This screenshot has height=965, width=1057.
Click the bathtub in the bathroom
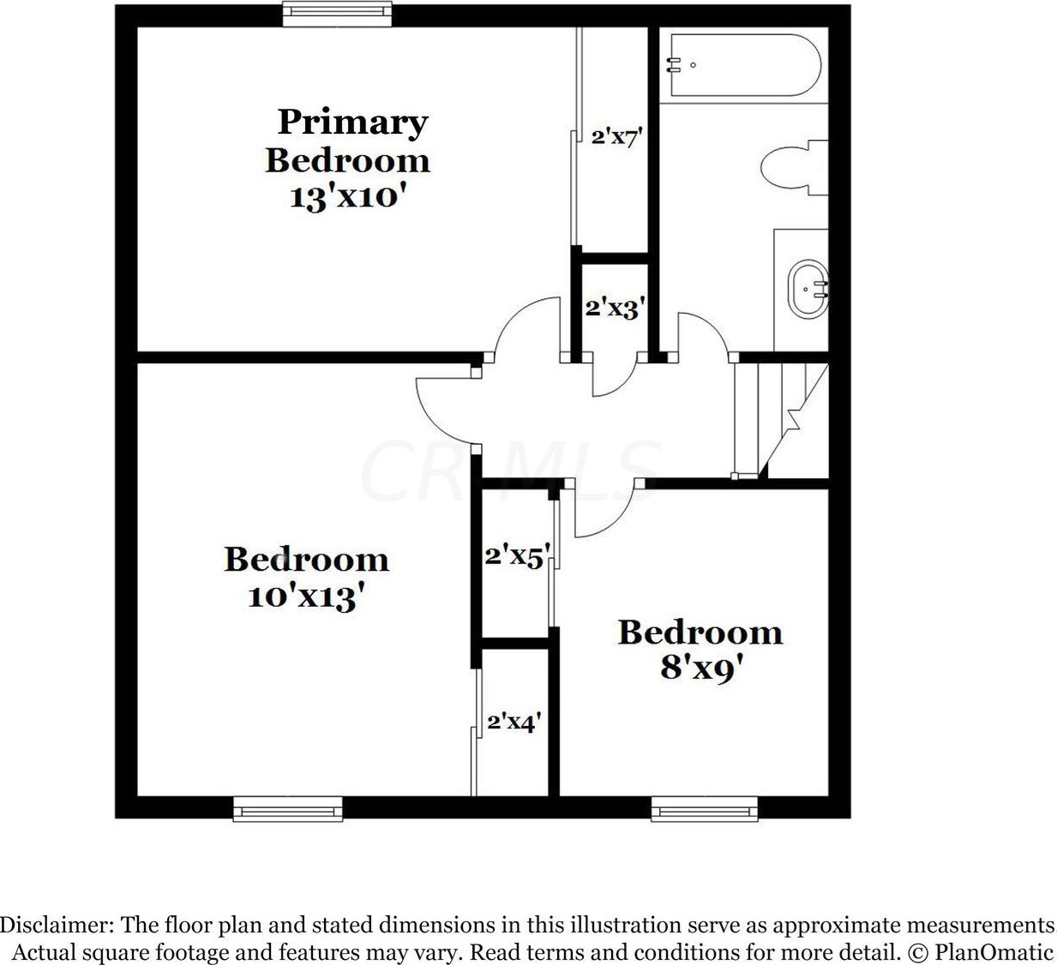point(744,65)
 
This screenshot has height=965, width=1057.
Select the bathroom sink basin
point(808,290)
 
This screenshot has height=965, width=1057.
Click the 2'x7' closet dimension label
point(616,136)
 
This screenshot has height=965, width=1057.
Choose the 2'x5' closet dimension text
point(515,557)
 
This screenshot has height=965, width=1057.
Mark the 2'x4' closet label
point(513,722)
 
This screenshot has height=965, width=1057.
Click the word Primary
point(352,122)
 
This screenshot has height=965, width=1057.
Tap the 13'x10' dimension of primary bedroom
point(345,197)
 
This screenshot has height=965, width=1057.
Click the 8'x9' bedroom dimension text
point(700,668)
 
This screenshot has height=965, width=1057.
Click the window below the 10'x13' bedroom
point(287,807)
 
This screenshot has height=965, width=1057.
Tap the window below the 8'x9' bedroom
point(704,807)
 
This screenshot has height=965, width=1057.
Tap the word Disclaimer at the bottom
point(57,926)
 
